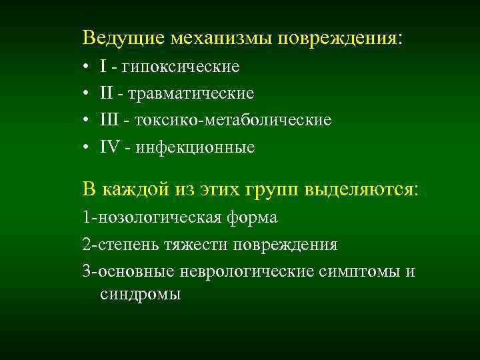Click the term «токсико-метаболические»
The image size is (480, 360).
click(x=233, y=120)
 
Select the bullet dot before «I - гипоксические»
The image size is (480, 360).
click(x=87, y=67)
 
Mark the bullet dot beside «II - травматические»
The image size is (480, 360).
click(x=87, y=94)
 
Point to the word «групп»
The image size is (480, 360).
click(x=275, y=189)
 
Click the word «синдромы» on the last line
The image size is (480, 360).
click(x=140, y=294)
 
